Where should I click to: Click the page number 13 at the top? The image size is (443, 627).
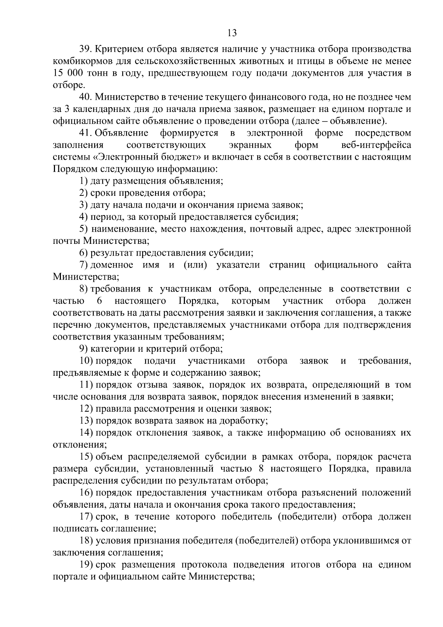232,33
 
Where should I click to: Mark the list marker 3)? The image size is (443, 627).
83,205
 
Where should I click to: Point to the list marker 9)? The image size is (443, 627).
83,349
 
